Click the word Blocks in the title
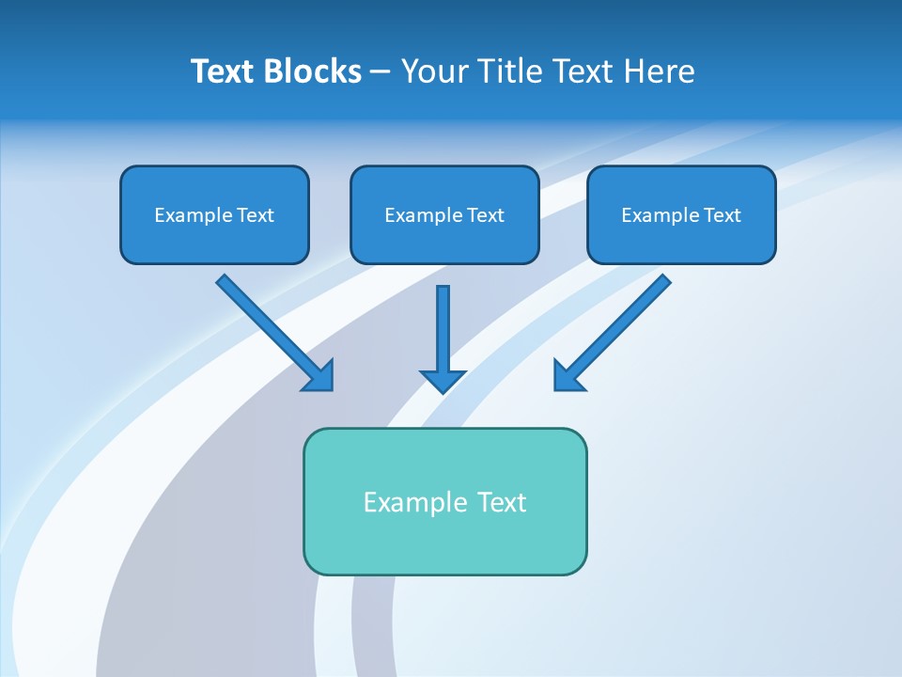tap(314, 71)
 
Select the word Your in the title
tap(434, 71)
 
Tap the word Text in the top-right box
tap(723, 215)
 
